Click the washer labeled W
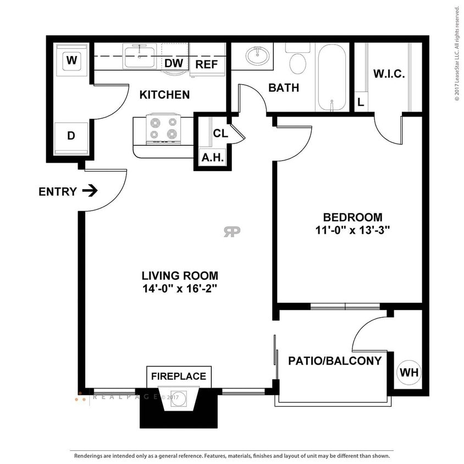coord(71,60)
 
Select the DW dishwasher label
coord(174,64)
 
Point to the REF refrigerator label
coord(207,64)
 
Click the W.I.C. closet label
coord(389,74)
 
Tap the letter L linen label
coord(361,102)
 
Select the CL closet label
coord(220,134)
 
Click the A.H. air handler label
coord(212,158)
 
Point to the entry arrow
coord(90,191)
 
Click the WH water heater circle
coord(409,372)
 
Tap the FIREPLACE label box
coord(179,377)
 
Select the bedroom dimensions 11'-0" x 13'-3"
coord(352,231)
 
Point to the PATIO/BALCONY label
coord(335,361)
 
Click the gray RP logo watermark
coord(232,231)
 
